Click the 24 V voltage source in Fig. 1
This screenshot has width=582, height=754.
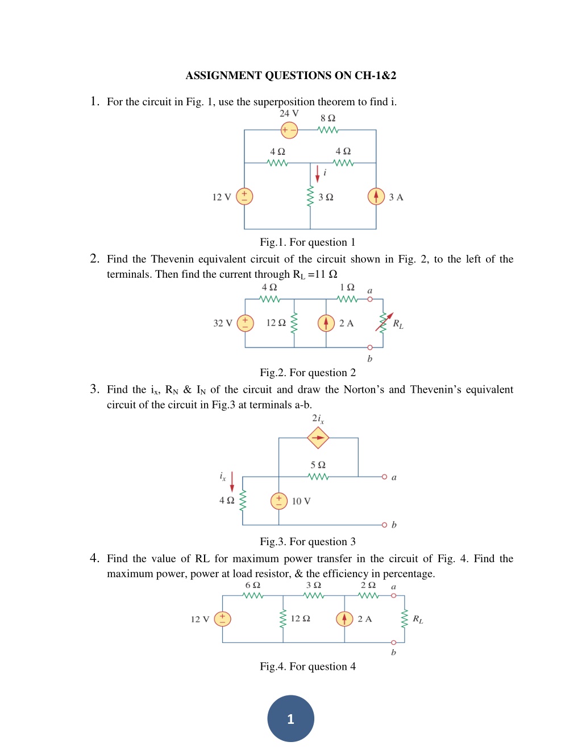[x=289, y=130]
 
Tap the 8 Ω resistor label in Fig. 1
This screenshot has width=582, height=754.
[x=328, y=118]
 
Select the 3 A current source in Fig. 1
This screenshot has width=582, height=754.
[x=376, y=196]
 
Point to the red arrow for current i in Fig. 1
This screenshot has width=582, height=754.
[x=317, y=174]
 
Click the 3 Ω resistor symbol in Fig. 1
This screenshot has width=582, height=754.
[x=310, y=197]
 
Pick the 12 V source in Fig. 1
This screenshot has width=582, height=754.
[x=244, y=196]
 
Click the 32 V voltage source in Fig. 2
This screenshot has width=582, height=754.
[x=246, y=323]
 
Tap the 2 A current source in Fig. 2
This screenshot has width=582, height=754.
[x=326, y=323]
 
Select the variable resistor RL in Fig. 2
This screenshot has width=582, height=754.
[x=384, y=323]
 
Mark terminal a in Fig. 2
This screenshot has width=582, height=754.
[x=370, y=299]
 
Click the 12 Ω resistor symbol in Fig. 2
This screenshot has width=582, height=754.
[x=294, y=323]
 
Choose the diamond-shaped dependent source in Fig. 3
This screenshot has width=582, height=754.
[x=318, y=438]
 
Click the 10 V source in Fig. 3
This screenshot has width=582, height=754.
[x=279, y=501]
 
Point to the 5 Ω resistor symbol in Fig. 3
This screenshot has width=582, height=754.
[x=318, y=477]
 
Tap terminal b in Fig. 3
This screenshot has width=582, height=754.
[x=384, y=525]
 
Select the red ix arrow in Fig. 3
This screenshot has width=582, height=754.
[x=232, y=481]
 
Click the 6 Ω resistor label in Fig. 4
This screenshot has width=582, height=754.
[x=252, y=585]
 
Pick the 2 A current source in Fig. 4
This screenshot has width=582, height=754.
[x=344, y=619]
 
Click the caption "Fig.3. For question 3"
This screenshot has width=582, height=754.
[x=307, y=542]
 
